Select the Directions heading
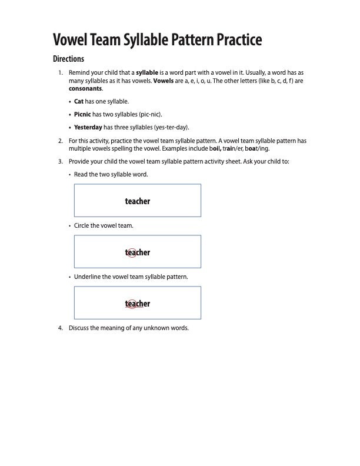click(69, 59)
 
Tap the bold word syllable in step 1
click(147, 73)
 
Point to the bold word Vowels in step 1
click(163, 81)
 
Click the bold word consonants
click(85, 88)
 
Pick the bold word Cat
click(79, 101)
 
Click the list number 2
click(61, 141)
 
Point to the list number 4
click(61, 328)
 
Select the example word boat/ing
click(256, 148)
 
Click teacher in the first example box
click(138, 201)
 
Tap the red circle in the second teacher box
click(132, 252)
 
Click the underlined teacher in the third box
click(138, 304)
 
